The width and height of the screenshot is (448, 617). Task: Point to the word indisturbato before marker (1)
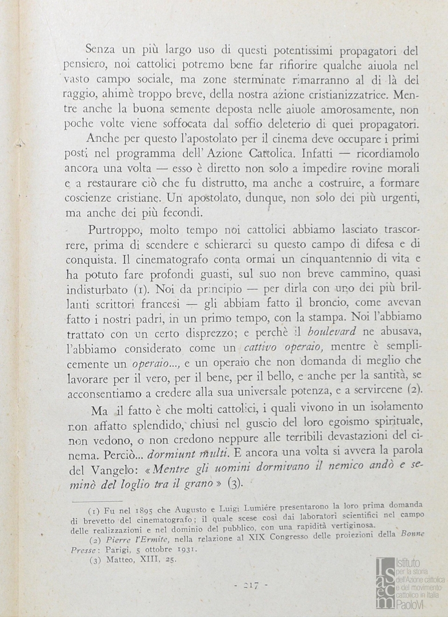coord(99,290)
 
